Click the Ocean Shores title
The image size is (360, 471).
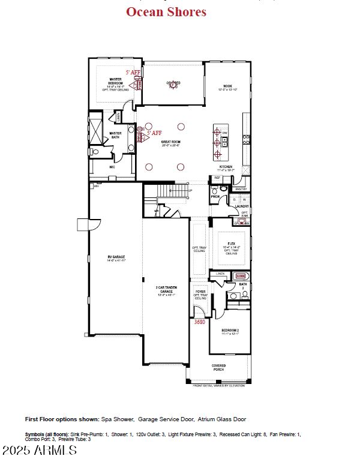pos(166,11)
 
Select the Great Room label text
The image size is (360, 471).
pos(170,143)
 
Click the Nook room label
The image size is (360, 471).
pos(228,87)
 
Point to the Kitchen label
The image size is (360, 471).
pos(226,168)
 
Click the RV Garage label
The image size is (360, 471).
pos(116,258)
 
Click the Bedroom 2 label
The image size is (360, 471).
pos(230,332)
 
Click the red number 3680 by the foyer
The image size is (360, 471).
pos(200,322)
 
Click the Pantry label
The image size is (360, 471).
pos(241,189)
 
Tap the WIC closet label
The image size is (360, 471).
pos(112,167)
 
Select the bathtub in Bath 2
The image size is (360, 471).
pos(241,276)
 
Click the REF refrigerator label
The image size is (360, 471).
pos(217,178)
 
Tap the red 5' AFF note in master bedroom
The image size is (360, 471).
pos(133,72)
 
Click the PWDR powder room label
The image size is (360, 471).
pos(215,196)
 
